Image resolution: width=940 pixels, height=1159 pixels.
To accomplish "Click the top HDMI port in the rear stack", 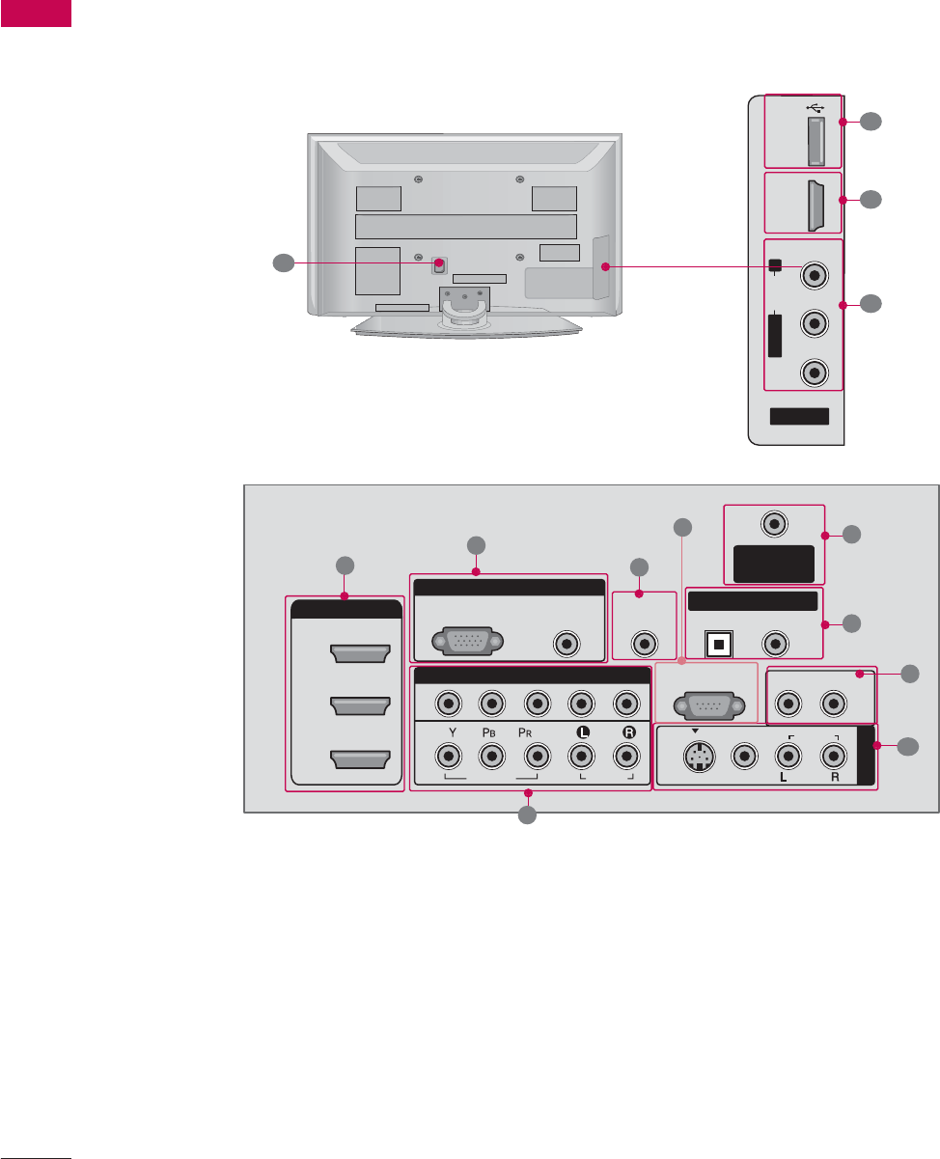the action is click(360, 655).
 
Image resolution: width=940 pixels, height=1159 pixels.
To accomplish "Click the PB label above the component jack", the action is click(490, 731).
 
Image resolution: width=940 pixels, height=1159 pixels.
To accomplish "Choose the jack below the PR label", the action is click(535, 758).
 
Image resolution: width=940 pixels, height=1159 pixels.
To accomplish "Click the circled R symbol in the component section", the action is click(628, 731).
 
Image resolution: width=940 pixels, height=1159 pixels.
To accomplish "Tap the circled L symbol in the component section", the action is click(582, 731).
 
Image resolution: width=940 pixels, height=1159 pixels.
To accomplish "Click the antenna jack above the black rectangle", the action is click(773, 524).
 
